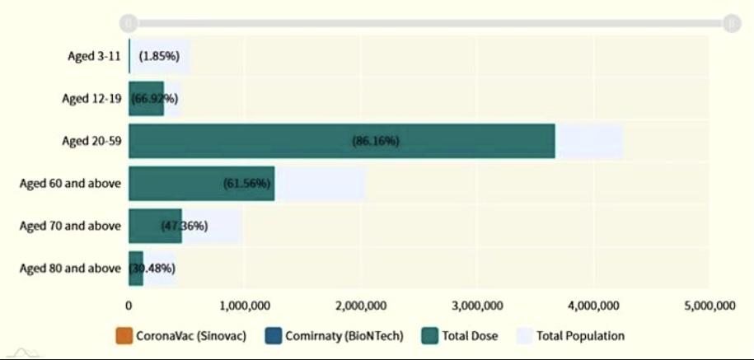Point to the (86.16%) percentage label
tap(376, 141)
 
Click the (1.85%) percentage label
tap(159, 56)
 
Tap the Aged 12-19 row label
tap(91, 99)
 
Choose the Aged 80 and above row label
tap(70, 268)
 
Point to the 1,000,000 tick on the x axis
tap(245, 306)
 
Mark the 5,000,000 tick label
tap(710, 306)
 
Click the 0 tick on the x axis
tap(129, 306)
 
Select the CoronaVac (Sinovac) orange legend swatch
tap(124, 336)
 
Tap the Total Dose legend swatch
tap(429, 336)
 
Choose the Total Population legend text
tap(580, 336)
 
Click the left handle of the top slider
tap(128, 23)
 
